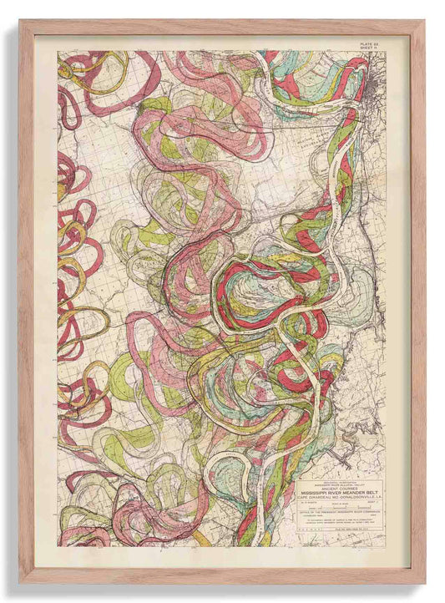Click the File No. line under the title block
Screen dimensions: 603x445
354,530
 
